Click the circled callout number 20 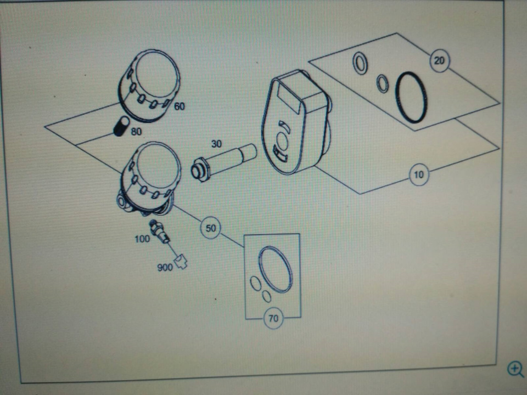(440, 60)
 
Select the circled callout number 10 (419, 174)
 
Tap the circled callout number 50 (210, 228)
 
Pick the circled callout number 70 (273, 318)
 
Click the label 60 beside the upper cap (180, 106)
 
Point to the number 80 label (136, 131)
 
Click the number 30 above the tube (216, 144)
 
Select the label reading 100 (142, 239)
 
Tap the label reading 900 (165, 267)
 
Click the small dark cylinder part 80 (121, 126)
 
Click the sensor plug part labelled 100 (160, 231)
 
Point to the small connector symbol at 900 (181, 262)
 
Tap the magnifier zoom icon (515, 369)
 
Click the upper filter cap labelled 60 (149, 86)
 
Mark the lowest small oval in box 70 (267, 296)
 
